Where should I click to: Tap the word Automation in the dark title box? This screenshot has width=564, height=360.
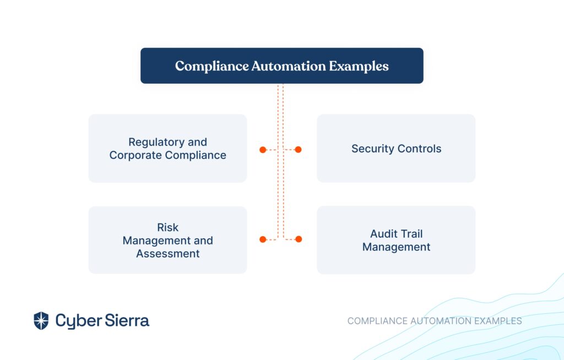(x=289, y=66)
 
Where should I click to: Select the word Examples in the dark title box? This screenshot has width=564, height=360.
(x=359, y=67)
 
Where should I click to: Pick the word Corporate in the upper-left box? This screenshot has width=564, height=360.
(x=135, y=155)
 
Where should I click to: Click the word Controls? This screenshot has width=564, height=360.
(x=419, y=149)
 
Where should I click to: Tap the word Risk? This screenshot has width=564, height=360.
(x=167, y=227)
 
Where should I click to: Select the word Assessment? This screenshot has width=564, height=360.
(x=167, y=254)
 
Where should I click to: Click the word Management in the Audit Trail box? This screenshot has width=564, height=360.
(x=396, y=247)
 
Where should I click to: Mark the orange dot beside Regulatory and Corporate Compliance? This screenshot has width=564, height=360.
(x=263, y=150)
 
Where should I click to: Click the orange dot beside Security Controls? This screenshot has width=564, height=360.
(x=298, y=150)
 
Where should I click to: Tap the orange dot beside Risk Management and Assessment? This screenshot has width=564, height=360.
(x=263, y=239)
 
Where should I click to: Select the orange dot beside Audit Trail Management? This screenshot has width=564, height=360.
(x=299, y=239)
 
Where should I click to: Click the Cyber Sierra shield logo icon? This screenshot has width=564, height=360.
(x=41, y=320)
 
